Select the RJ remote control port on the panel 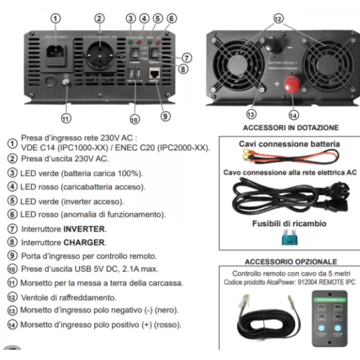tap(154, 77)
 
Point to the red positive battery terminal tap(294, 85)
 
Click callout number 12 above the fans tap(278, 19)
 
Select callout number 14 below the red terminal tap(293, 115)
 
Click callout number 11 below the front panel tap(65, 118)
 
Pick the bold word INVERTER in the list tap(84, 228)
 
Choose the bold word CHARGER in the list tap(85, 242)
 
